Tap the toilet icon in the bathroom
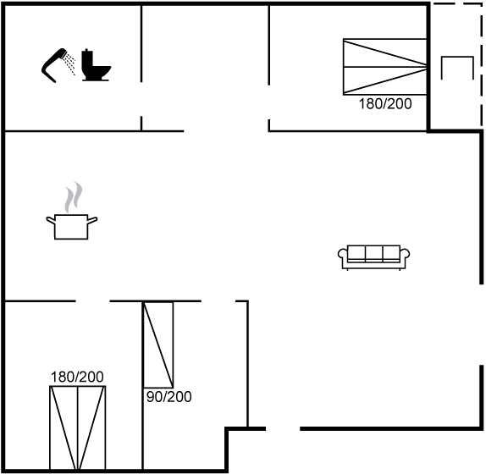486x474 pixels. click(96, 65)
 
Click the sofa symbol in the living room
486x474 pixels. click(373, 257)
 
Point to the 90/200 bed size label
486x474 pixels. click(169, 397)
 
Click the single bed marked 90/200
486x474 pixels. click(158, 344)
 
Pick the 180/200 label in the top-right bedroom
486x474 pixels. click(385, 104)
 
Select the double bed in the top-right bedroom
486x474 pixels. click(385, 67)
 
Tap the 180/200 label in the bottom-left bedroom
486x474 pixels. click(77, 377)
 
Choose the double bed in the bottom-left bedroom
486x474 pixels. click(78, 427)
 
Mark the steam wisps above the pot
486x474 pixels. click(74, 197)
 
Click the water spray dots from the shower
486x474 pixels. click(69, 63)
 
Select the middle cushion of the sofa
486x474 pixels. click(373, 253)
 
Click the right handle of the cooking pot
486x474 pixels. click(92, 221)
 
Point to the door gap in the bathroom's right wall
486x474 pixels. click(141, 99)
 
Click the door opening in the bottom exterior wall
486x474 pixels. click(283, 429)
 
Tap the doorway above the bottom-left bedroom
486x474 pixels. click(92, 300)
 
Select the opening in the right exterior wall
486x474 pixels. click(482, 325)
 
